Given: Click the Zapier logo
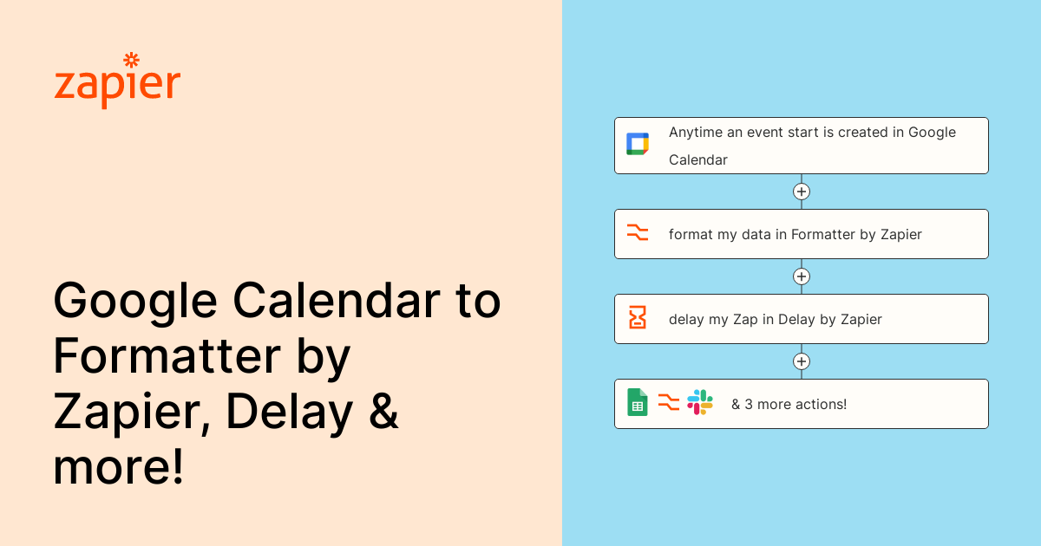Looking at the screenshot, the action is (x=117, y=81).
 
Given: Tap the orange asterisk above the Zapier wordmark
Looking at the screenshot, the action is (x=132, y=60).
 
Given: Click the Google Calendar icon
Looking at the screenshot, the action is (x=637, y=144).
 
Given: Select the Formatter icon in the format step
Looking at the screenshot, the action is (x=637, y=232).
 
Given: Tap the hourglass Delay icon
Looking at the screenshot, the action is (x=637, y=317).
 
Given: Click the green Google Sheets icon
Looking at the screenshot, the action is (x=637, y=402).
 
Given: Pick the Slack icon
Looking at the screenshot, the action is (x=700, y=402).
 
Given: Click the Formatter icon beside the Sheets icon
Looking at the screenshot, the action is (x=669, y=402).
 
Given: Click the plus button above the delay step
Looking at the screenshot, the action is (x=802, y=276).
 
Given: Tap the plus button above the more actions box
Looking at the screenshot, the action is (x=802, y=361).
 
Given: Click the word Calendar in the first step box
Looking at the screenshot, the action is (x=698, y=159).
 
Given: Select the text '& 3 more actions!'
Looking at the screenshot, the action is (x=789, y=405).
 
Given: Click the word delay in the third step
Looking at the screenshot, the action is (x=686, y=320).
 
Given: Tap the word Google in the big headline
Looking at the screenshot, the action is (x=135, y=302).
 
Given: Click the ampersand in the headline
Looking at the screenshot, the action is (x=383, y=409).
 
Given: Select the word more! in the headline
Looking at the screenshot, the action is (x=119, y=466).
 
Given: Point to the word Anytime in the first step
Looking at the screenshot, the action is (x=696, y=133).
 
